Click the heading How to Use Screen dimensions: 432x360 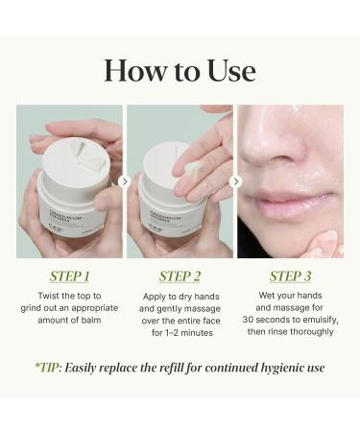click(x=180, y=70)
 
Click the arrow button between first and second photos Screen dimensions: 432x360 click(x=125, y=180)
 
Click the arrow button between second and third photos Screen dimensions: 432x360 click(x=235, y=180)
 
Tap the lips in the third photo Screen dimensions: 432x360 click(x=288, y=204)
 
